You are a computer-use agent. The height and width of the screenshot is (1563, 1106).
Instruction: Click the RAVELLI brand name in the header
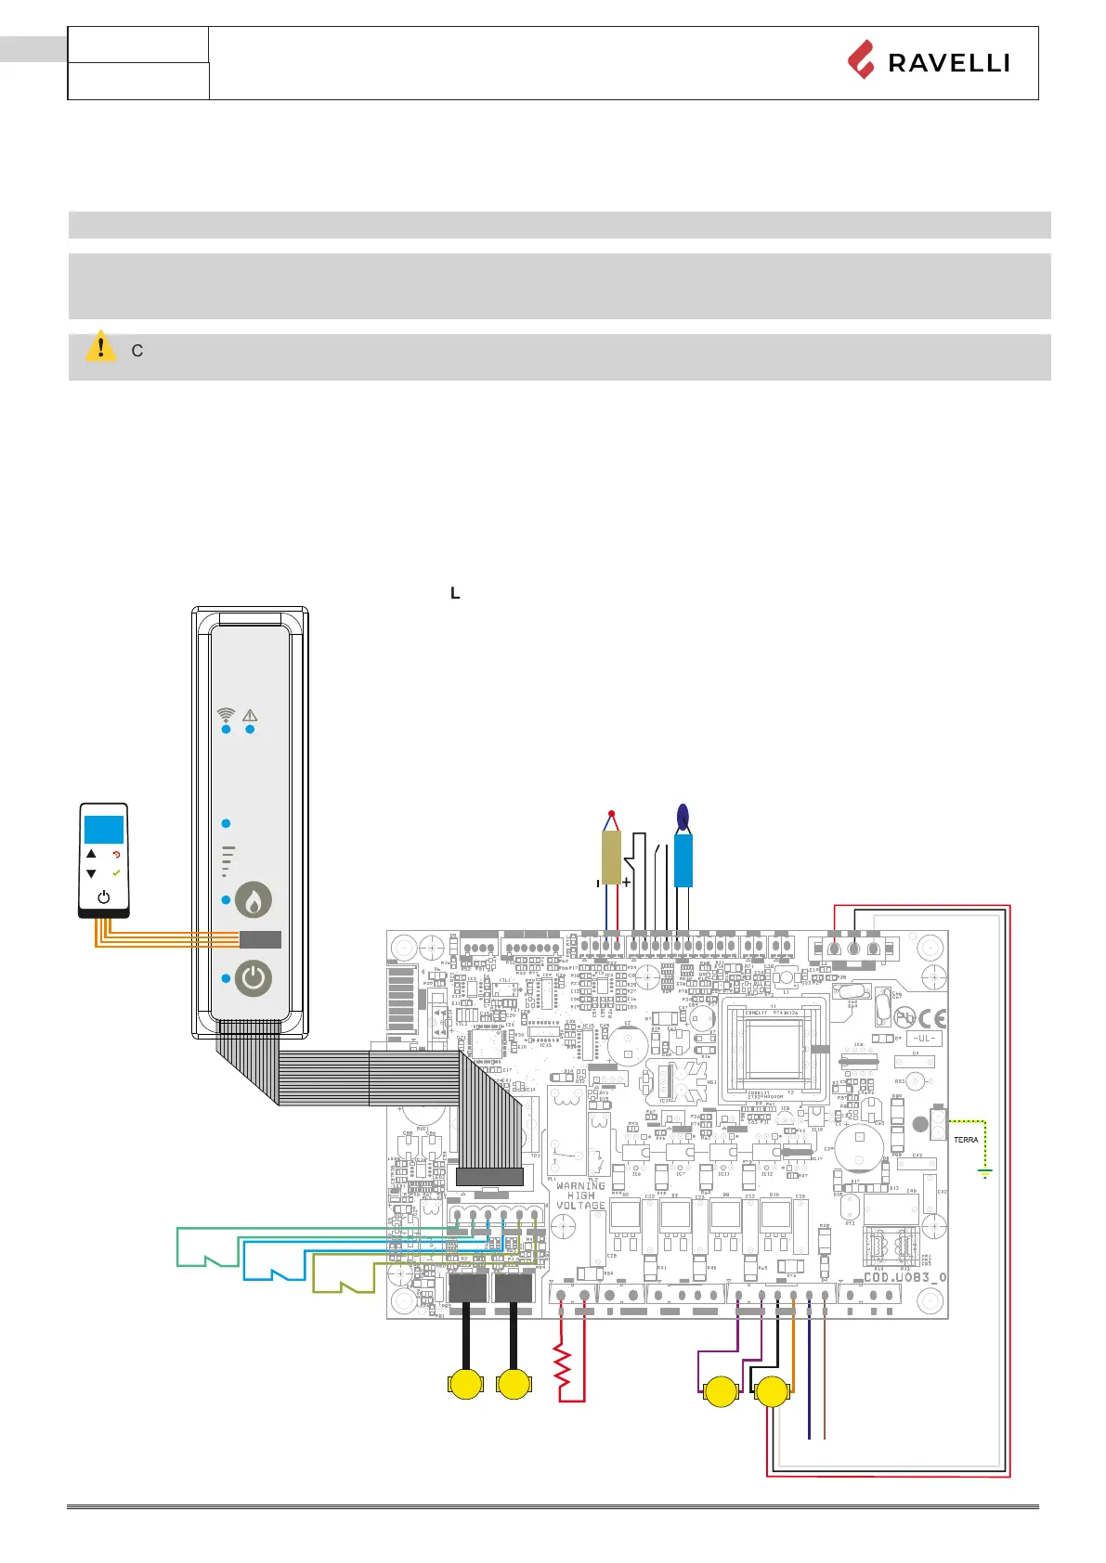tap(947, 63)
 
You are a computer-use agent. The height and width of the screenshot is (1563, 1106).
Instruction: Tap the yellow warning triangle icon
tap(100, 347)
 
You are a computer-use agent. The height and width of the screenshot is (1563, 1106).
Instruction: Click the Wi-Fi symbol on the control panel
tap(226, 715)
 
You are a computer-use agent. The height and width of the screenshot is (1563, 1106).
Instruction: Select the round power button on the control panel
tap(253, 978)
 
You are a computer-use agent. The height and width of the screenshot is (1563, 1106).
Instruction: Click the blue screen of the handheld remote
tap(104, 829)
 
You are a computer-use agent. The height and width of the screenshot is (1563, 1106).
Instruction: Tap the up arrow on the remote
tap(91, 854)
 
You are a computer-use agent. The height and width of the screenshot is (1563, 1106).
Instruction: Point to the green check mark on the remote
tap(116, 873)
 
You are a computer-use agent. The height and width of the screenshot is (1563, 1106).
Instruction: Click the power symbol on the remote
tap(104, 898)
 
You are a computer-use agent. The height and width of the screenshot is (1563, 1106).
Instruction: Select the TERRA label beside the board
tap(966, 1140)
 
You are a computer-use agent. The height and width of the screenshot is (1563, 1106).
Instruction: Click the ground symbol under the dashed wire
tap(985, 1173)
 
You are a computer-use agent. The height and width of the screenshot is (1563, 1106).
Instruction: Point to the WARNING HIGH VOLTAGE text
tap(581, 1195)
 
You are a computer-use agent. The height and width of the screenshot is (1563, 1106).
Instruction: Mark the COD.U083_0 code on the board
tap(904, 1277)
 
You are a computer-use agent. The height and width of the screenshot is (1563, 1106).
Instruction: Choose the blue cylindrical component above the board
tap(683, 859)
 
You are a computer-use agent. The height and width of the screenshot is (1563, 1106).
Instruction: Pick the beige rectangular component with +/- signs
tap(611, 857)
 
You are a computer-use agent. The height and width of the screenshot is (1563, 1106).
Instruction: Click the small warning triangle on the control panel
tap(250, 716)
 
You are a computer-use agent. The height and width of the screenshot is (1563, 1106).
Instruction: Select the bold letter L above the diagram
tap(455, 593)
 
